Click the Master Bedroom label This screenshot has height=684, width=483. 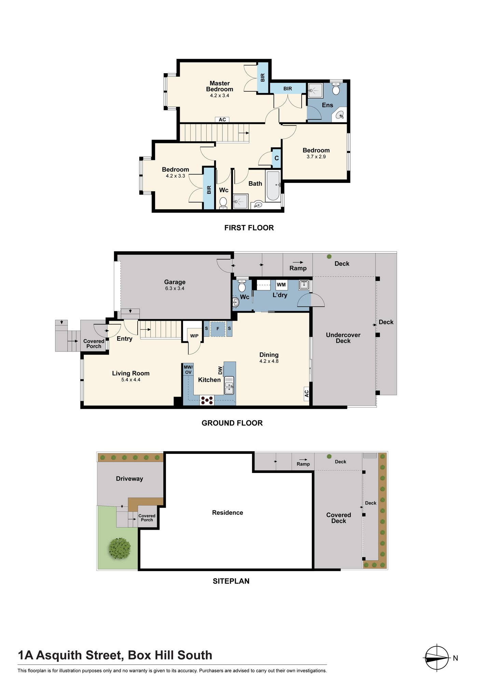[220, 86]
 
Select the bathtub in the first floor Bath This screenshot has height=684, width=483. [273, 186]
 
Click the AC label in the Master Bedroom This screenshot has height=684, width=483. [222, 120]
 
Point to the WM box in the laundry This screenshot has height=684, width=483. [281, 285]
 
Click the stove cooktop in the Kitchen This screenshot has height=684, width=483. [207, 400]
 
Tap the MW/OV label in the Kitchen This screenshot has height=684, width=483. [188, 370]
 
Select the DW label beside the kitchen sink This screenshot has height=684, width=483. [220, 370]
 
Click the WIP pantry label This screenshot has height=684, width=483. [194, 336]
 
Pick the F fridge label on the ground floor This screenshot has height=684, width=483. [218, 329]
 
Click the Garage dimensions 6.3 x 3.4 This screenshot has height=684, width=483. [175, 288]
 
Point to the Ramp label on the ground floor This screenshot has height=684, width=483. [298, 268]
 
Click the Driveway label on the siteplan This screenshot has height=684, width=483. [129, 479]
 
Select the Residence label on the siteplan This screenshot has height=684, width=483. [227, 513]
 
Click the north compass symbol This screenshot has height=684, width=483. [437, 658]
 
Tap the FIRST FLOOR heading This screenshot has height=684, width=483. [249, 228]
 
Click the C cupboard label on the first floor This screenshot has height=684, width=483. [277, 158]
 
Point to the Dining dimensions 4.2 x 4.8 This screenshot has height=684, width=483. [269, 361]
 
